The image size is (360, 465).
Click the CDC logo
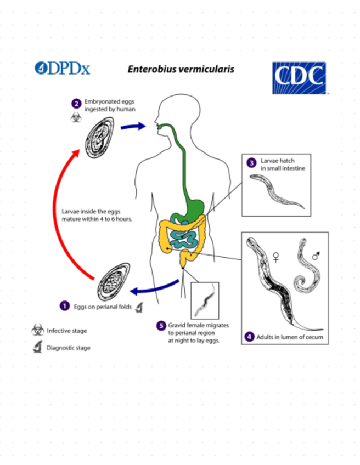point(299,78)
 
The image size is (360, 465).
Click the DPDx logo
point(62,68)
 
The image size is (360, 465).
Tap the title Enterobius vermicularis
point(181,69)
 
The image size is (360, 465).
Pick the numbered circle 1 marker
point(65,307)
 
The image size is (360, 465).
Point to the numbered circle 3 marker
point(252,163)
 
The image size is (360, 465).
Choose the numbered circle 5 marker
point(161,325)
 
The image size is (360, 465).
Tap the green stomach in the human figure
point(196,206)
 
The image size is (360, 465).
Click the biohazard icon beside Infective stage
point(37,330)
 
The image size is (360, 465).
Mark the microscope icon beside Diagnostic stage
point(37,347)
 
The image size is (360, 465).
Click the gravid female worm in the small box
point(204,300)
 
